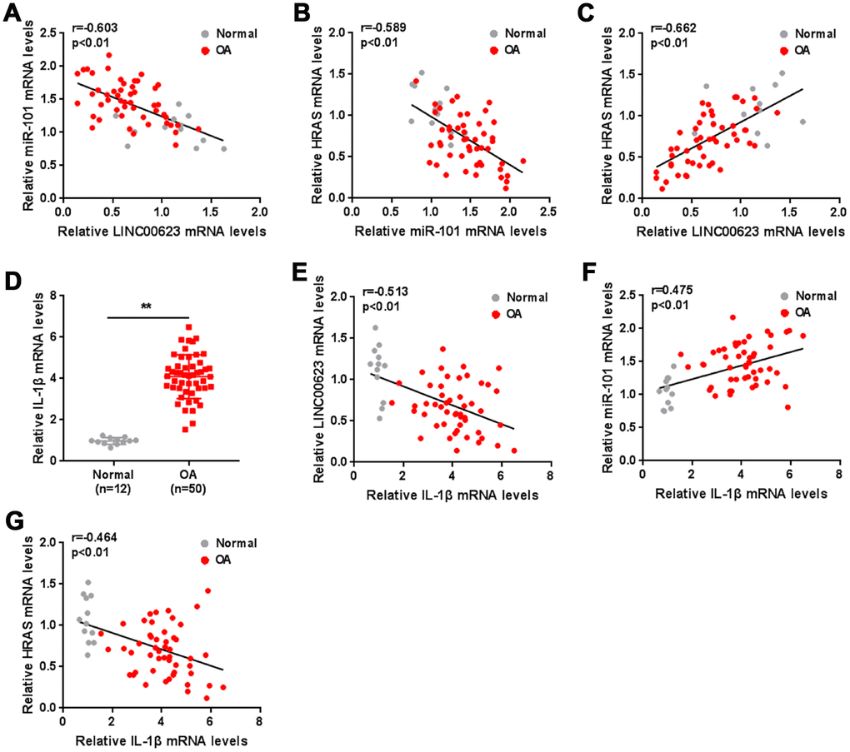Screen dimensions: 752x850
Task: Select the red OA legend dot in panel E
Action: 494,312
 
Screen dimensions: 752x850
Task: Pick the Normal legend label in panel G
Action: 235,543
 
